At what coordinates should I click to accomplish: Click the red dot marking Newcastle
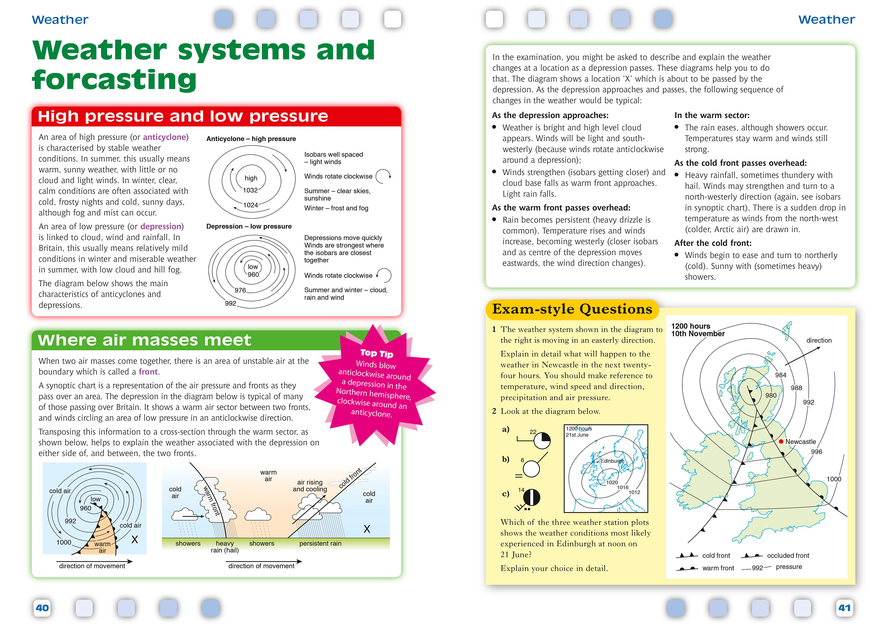click(x=781, y=441)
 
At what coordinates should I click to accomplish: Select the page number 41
click(x=844, y=608)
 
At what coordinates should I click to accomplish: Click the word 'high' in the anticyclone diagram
click(x=251, y=178)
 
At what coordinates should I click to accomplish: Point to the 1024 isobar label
click(x=250, y=205)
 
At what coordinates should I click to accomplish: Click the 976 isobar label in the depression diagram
click(x=240, y=290)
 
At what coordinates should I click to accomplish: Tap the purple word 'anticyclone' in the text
click(x=164, y=137)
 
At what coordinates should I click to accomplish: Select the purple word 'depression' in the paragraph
click(x=161, y=226)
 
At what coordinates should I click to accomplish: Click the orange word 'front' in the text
click(x=148, y=372)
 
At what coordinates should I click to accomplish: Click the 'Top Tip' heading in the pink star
click(x=377, y=353)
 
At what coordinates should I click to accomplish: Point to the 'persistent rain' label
click(x=320, y=544)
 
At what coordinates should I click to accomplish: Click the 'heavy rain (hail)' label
click(x=225, y=547)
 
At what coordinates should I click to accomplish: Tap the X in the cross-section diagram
click(x=367, y=529)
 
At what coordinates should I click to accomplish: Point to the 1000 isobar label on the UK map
click(x=834, y=479)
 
